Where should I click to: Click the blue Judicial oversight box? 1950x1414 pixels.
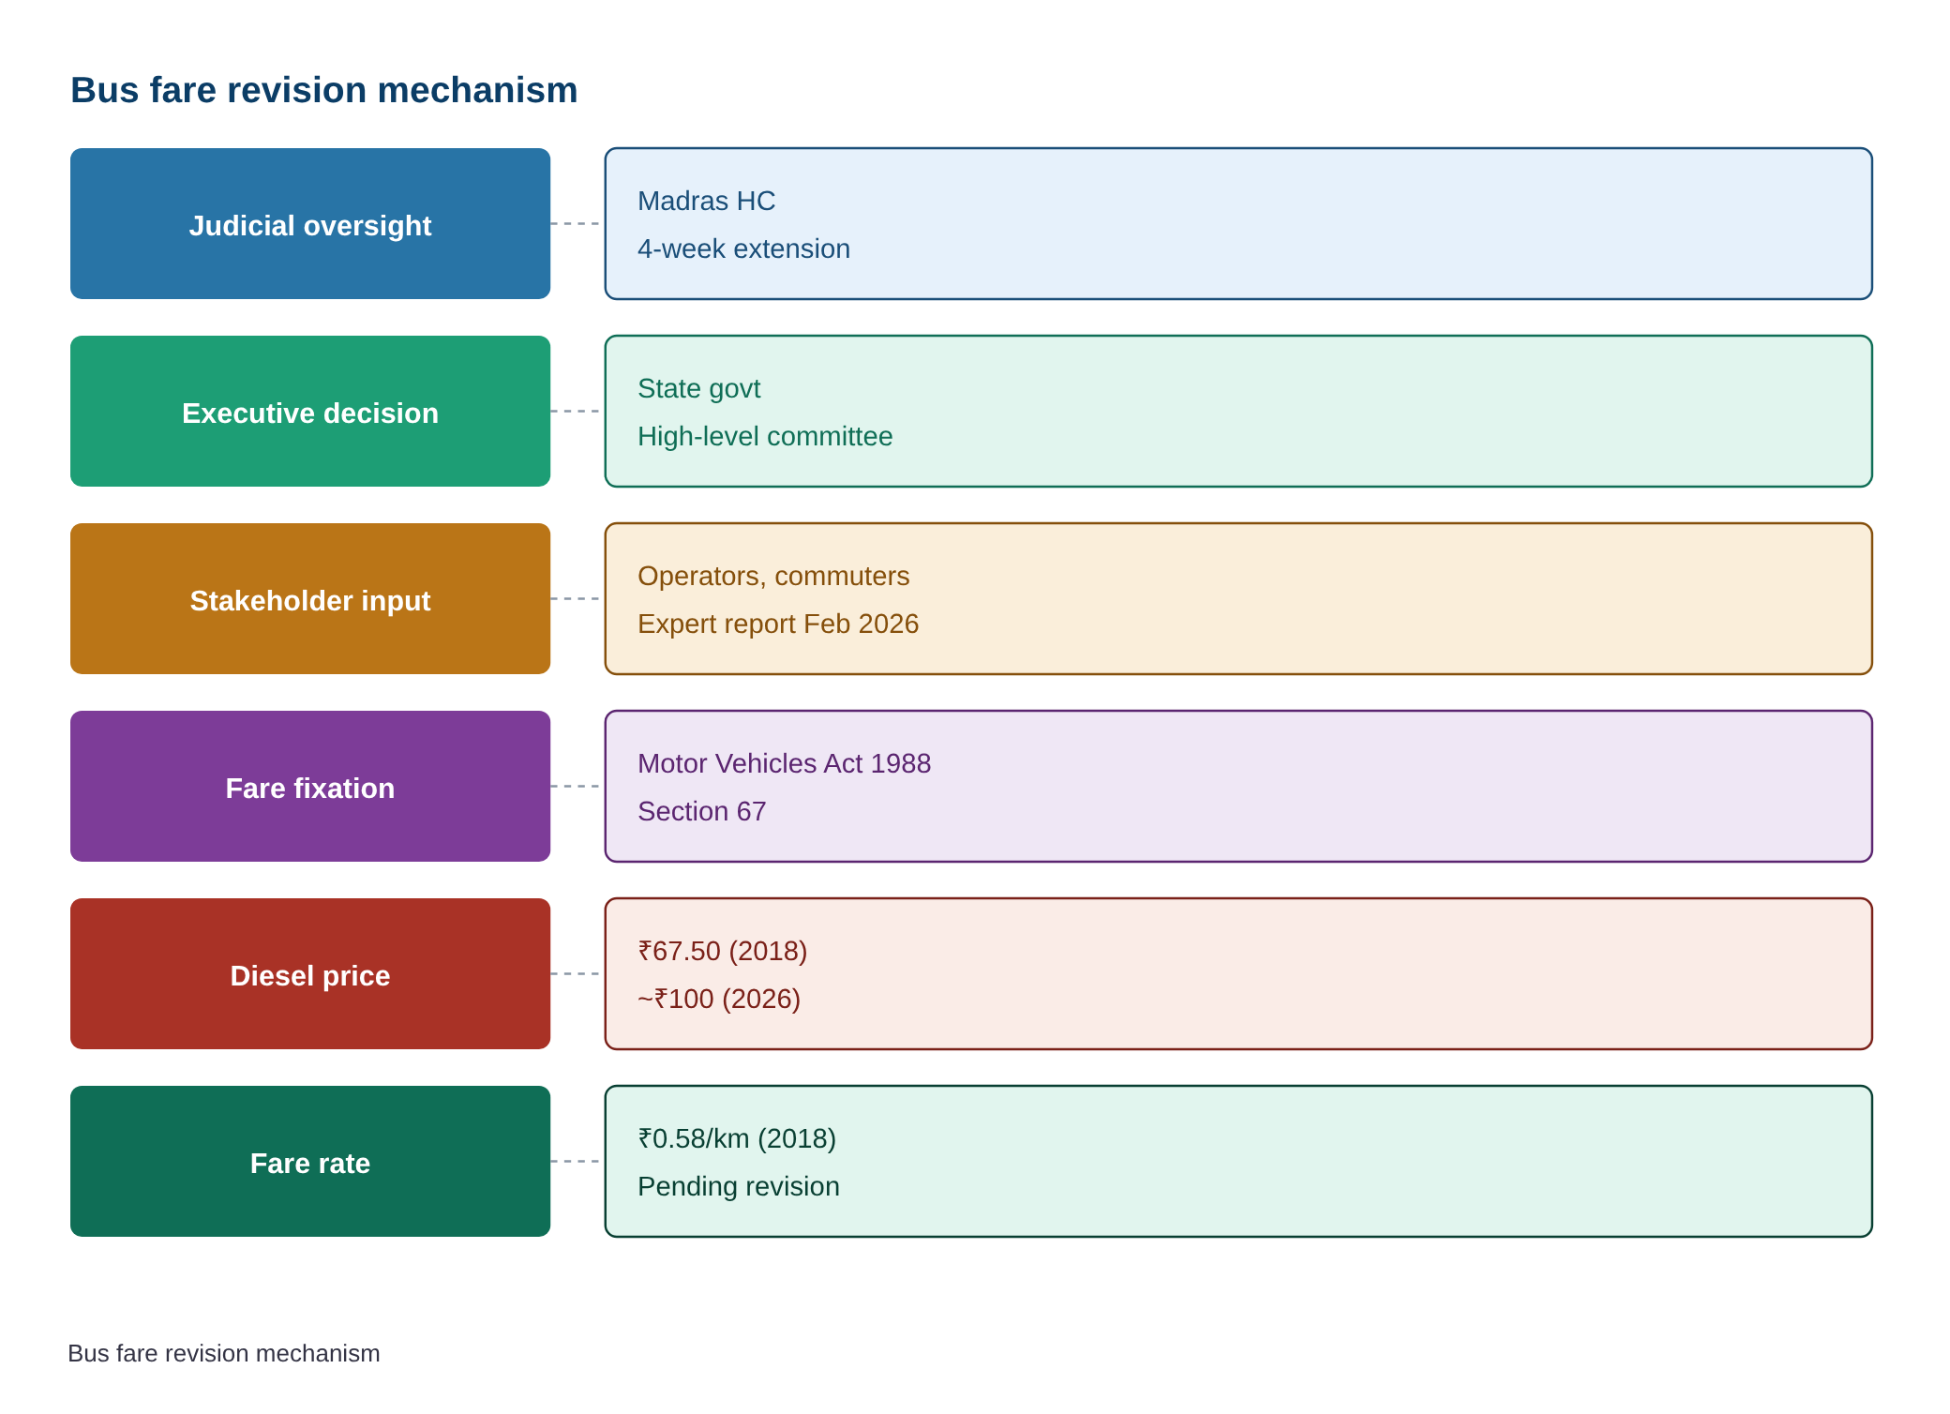coord(310,223)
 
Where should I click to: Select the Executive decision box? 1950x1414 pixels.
coord(310,411)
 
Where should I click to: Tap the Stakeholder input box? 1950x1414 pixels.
coord(310,598)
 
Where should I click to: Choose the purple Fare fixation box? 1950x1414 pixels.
coord(310,786)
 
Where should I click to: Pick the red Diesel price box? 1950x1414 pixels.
coord(310,973)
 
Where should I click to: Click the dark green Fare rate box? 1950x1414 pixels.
coord(310,1161)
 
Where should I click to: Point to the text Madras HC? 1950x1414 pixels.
coord(707,201)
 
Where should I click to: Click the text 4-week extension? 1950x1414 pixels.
coord(743,248)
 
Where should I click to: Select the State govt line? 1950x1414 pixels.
coord(698,389)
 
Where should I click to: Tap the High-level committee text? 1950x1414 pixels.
coord(765,437)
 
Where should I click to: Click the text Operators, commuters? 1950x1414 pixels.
coord(773,576)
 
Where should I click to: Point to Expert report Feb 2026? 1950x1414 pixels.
coord(778,624)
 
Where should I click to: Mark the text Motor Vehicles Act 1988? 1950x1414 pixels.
coord(784,763)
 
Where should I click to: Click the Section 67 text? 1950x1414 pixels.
coord(702,811)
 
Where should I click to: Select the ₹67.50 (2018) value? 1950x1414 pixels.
coord(722,951)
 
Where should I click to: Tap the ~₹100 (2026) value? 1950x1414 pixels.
coord(719,999)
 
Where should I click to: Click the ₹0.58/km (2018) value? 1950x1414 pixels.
coord(737,1138)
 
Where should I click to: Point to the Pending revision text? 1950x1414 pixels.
coord(739,1187)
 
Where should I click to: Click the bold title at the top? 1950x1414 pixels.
coord(324,90)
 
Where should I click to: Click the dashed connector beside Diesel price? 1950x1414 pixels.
coord(575,973)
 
